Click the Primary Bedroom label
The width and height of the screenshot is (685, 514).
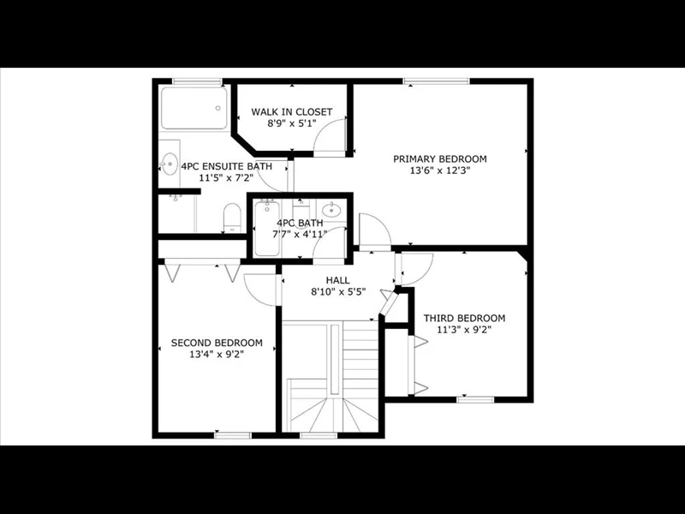click(440, 158)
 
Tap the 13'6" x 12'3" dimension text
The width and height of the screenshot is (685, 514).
click(440, 170)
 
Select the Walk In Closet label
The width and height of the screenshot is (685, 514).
click(292, 112)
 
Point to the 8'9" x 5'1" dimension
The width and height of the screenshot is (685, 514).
click(292, 123)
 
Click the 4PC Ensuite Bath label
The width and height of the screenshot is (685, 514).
click(227, 166)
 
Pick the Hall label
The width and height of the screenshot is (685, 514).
click(337, 280)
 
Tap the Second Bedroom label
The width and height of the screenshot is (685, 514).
click(217, 344)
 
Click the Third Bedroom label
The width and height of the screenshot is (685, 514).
click(464, 318)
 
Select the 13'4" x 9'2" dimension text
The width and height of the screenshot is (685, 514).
click(217, 355)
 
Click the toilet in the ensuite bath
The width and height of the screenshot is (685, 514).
click(232, 218)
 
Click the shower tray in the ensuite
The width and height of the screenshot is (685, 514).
click(194, 108)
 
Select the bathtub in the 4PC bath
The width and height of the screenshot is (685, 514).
click(267, 228)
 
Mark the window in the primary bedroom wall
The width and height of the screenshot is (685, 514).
click(436, 81)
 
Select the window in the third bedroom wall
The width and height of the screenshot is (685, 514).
click(475, 399)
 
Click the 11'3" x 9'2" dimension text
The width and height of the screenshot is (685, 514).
click(464, 330)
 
